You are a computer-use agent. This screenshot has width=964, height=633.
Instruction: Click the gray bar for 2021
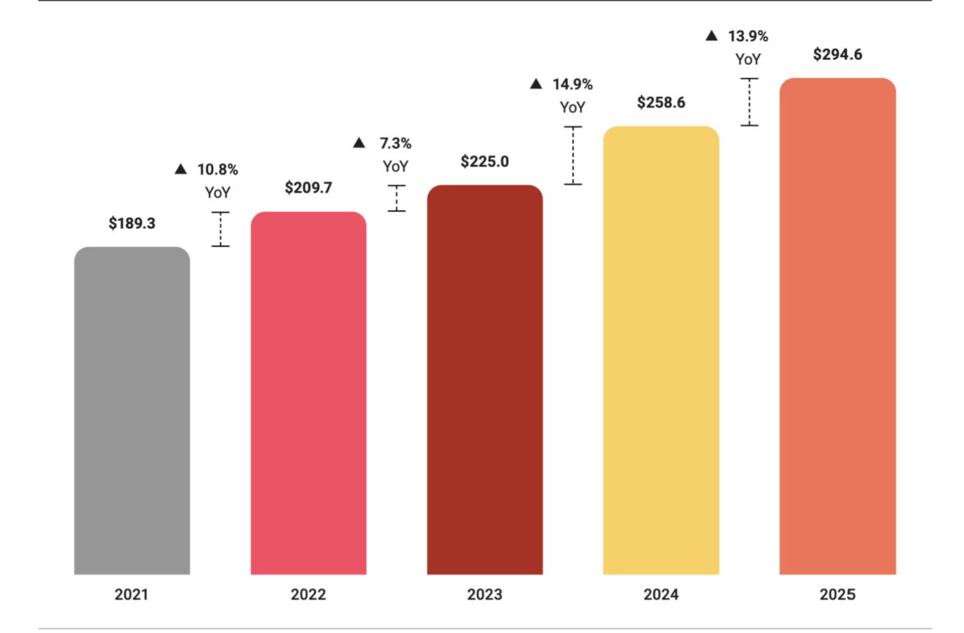click(x=132, y=410)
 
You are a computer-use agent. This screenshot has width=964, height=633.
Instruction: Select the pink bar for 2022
click(x=308, y=394)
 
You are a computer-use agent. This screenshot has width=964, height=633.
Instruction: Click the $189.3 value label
click(x=132, y=223)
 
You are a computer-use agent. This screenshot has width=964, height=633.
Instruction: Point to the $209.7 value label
click(x=308, y=188)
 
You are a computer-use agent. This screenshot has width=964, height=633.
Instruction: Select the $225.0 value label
click(x=484, y=162)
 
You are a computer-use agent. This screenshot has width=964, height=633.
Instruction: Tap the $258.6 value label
click(x=661, y=102)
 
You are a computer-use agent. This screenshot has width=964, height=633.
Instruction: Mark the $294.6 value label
click(x=837, y=55)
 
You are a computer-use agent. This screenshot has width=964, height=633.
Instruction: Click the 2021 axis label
click(x=132, y=594)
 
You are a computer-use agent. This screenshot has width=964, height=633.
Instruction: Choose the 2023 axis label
click(x=484, y=594)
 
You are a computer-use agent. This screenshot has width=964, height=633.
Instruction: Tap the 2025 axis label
click(x=837, y=594)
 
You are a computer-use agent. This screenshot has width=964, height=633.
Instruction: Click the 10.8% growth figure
click(x=217, y=170)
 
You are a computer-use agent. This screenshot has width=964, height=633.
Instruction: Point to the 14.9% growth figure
click(x=571, y=84)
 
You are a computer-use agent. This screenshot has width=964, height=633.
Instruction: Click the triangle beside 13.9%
click(x=712, y=36)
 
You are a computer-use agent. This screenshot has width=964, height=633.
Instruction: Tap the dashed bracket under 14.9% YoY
click(x=572, y=155)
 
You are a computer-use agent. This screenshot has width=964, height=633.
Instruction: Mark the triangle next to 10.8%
click(x=181, y=170)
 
